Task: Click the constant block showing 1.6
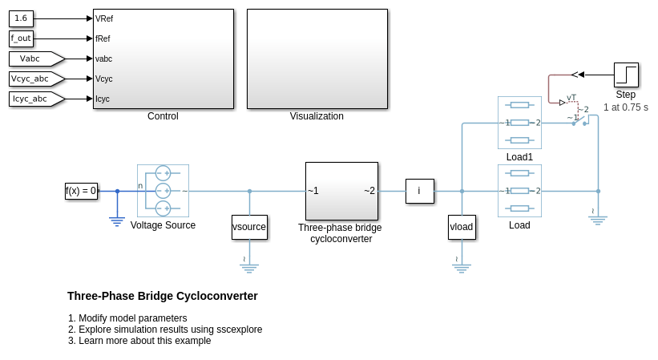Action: click(x=21, y=18)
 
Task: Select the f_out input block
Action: click(x=21, y=38)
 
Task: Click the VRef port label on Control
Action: click(x=103, y=18)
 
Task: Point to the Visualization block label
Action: click(x=317, y=116)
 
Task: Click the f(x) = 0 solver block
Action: click(x=81, y=191)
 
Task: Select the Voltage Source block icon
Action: click(x=163, y=191)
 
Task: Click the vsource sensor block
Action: click(x=249, y=227)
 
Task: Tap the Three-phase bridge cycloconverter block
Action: click(x=341, y=191)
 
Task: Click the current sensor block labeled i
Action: click(x=419, y=191)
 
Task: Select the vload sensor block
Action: click(x=462, y=227)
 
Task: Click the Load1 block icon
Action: click(x=519, y=123)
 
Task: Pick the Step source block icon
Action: click(x=626, y=75)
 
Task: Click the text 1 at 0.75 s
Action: click(x=626, y=107)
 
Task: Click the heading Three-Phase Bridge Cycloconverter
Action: click(x=163, y=296)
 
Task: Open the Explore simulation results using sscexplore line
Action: click(x=170, y=330)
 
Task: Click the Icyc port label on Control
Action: click(x=103, y=99)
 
